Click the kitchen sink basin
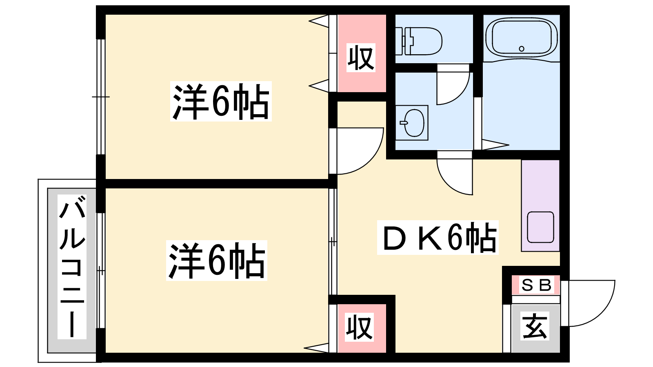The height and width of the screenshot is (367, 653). coord(540,227)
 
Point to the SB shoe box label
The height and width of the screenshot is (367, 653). coord(536,285)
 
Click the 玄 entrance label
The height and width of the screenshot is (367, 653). coord(535,326)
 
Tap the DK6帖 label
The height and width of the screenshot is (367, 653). coord(438,238)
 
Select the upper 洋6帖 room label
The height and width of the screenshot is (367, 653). coord(221,101)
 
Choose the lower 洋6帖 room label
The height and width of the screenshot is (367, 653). coord(217,261)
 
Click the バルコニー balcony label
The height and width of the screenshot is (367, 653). coord(72,267)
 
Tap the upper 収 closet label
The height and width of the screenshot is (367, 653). coord(361,58)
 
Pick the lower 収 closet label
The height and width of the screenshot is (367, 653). coord(360,327)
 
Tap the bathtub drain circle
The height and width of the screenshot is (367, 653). coord(522,49)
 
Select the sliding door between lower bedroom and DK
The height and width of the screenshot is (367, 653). coord(333,241)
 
